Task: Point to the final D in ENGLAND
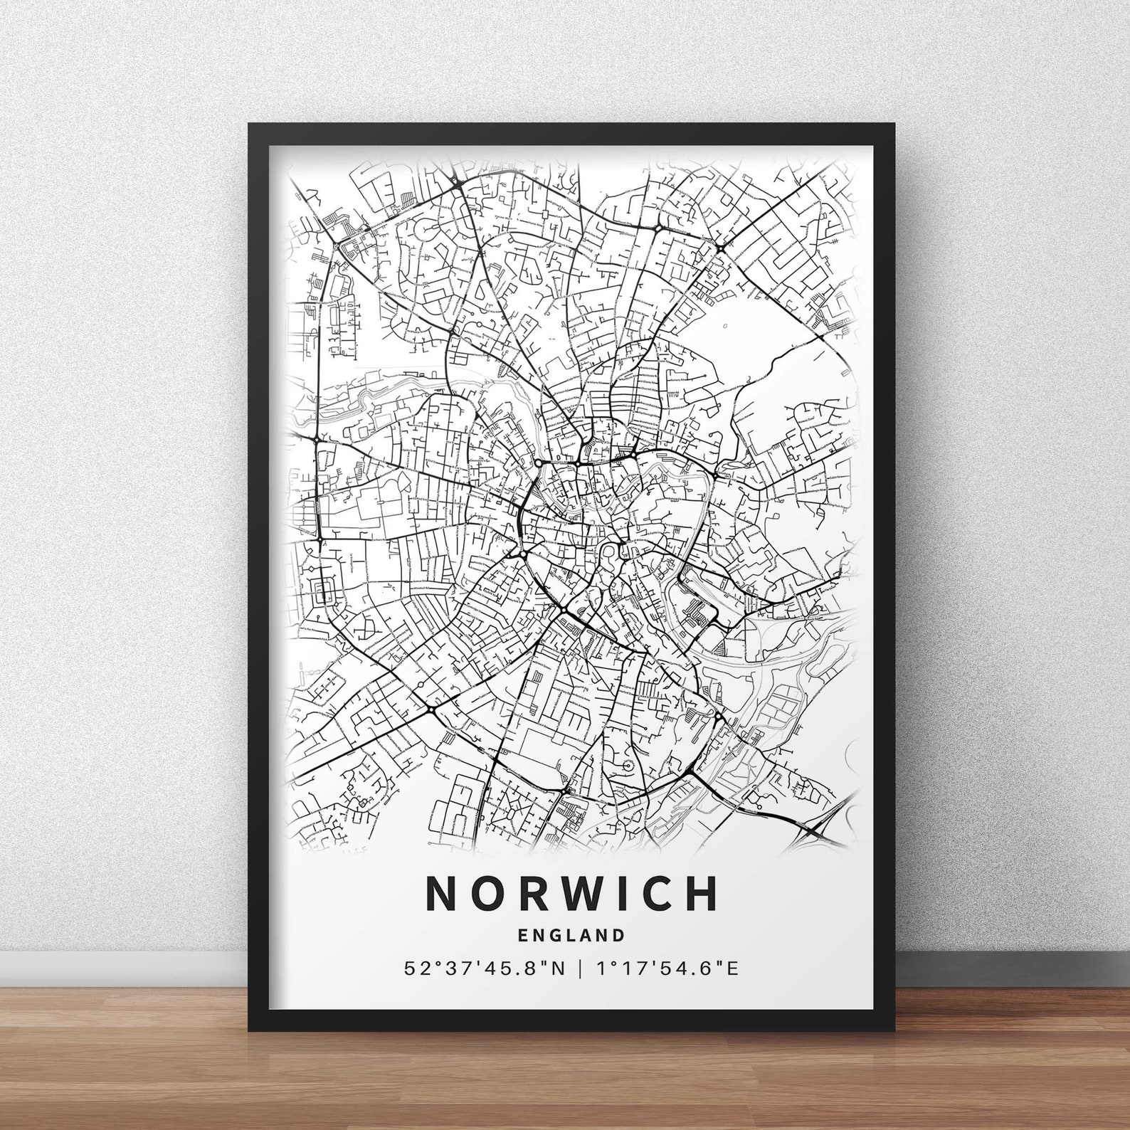pyautogui.click(x=619, y=934)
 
